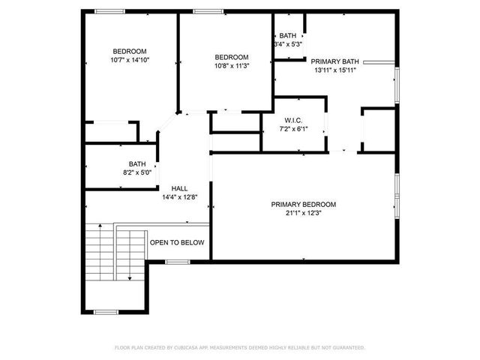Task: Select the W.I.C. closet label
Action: pyautogui.click(x=292, y=120)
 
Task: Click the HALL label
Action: pyautogui.click(x=179, y=188)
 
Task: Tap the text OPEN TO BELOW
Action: pyautogui.click(x=177, y=243)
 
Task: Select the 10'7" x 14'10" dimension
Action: pyautogui.click(x=130, y=60)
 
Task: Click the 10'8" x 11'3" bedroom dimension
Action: pyautogui.click(x=231, y=66)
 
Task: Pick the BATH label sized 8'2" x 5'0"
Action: pyautogui.click(x=136, y=163)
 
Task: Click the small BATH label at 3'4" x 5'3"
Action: pyautogui.click(x=288, y=35)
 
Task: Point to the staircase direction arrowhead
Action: pyautogui.click(x=130, y=278)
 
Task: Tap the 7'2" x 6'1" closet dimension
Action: pyautogui.click(x=292, y=129)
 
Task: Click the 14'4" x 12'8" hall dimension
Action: pyautogui.click(x=179, y=197)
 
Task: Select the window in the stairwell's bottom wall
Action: pyautogui.click(x=106, y=311)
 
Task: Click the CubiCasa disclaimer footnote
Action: pyautogui.click(x=239, y=348)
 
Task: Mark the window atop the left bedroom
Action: pyautogui.click(x=109, y=11)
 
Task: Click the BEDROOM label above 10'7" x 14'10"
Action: pyautogui.click(x=130, y=51)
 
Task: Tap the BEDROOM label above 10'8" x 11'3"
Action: pyautogui.click(x=231, y=57)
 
